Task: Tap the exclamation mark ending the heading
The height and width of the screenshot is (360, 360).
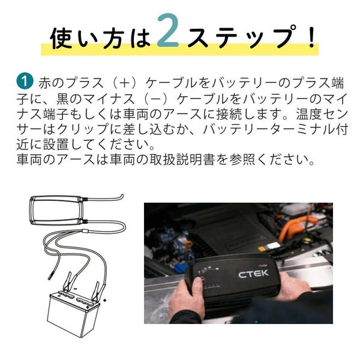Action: [x=311, y=37]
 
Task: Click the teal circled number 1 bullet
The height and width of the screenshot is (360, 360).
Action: [x=25, y=81]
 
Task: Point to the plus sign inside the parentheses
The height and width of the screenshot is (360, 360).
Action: [x=124, y=83]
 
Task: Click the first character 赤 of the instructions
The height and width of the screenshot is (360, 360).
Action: [x=45, y=83]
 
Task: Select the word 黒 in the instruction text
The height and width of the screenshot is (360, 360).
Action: [x=62, y=99]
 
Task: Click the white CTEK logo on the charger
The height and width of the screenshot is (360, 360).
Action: [x=253, y=274]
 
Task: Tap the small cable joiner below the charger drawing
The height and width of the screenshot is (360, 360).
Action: [x=85, y=231]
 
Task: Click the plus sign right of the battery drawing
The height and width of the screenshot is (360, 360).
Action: [x=105, y=301]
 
